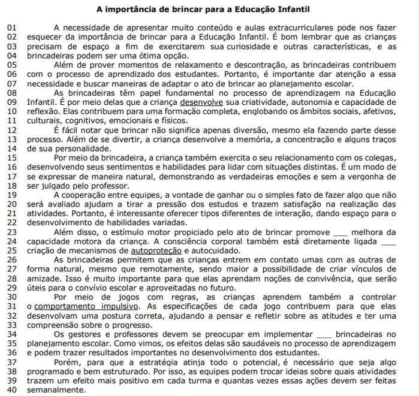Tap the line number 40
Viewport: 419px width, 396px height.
13,390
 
